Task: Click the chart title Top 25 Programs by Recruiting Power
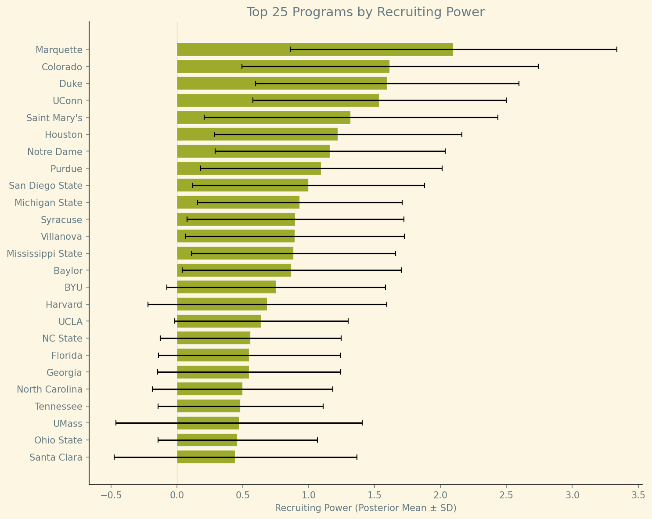[x=365, y=12]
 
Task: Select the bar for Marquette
[x=315, y=50]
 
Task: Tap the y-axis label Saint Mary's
[x=54, y=118]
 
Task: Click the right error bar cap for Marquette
[x=616, y=49]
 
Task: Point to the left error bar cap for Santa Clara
[x=114, y=457]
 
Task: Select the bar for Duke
[x=282, y=83]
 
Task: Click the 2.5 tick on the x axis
[x=506, y=485]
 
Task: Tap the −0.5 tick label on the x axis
[x=111, y=495]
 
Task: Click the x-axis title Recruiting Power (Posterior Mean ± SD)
[x=365, y=508]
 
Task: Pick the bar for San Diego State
[x=242, y=185]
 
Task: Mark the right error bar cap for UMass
[x=362, y=423]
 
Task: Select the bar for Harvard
[x=222, y=304]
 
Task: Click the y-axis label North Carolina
[x=50, y=389]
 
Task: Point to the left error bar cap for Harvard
[x=148, y=304]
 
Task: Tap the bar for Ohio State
[x=207, y=440]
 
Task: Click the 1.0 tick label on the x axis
[x=309, y=495]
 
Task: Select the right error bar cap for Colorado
[x=538, y=66]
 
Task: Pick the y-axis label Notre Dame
[x=55, y=152]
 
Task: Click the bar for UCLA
[x=219, y=321]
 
